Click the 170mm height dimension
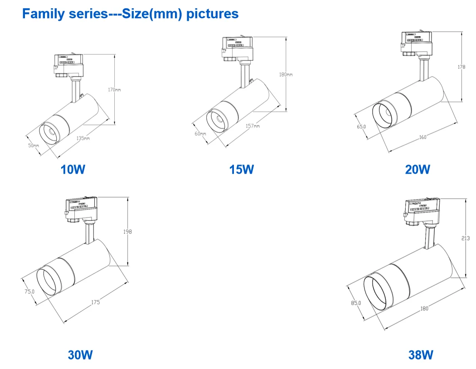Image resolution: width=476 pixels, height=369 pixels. (x=114, y=90)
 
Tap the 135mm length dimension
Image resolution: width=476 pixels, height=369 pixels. (x=83, y=138)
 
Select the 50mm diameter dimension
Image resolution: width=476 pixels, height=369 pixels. (x=33, y=146)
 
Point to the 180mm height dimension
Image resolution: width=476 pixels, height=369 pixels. (x=286, y=74)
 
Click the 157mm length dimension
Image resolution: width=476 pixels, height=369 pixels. (x=253, y=126)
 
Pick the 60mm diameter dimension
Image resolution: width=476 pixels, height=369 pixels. (x=200, y=134)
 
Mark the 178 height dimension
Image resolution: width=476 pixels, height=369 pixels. (x=461, y=67)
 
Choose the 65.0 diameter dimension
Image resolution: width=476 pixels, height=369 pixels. (x=361, y=126)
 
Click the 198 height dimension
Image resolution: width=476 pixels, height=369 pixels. (x=127, y=232)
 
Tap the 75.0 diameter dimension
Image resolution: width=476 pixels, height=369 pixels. (x=29, y=291)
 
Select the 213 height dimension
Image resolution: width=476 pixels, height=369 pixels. (x=466, y=238)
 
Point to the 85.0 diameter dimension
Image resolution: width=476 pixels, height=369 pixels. (x=356, y=303)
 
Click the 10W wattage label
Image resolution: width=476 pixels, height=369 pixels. (x=73, y=170)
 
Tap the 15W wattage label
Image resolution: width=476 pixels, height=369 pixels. (x=241, y=170)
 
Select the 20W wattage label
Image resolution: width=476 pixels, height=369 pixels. (x=417, y=170)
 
